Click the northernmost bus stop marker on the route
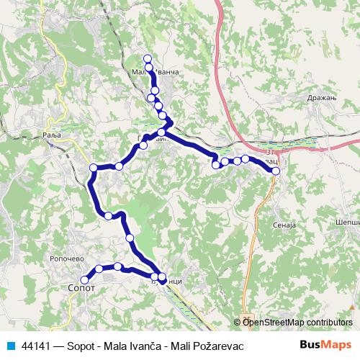(x=148, y=58)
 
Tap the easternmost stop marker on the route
(x=276, y=171)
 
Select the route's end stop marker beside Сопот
(x=84, y=279)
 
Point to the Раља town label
(x=49, y=135)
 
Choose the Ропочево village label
(x=68, y=258)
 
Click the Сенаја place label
(x=285, y=225)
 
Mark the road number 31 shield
(x=270, y=153)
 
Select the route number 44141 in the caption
(x=37, y=346)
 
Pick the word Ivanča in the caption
(x=149, y=346)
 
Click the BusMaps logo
(x=325, y=346)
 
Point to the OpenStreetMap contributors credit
(x=297, y=322)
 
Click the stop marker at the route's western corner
(x=93, y=168)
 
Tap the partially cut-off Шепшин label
(x=349, y=223)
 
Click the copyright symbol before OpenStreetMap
(x=238, y=322)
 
